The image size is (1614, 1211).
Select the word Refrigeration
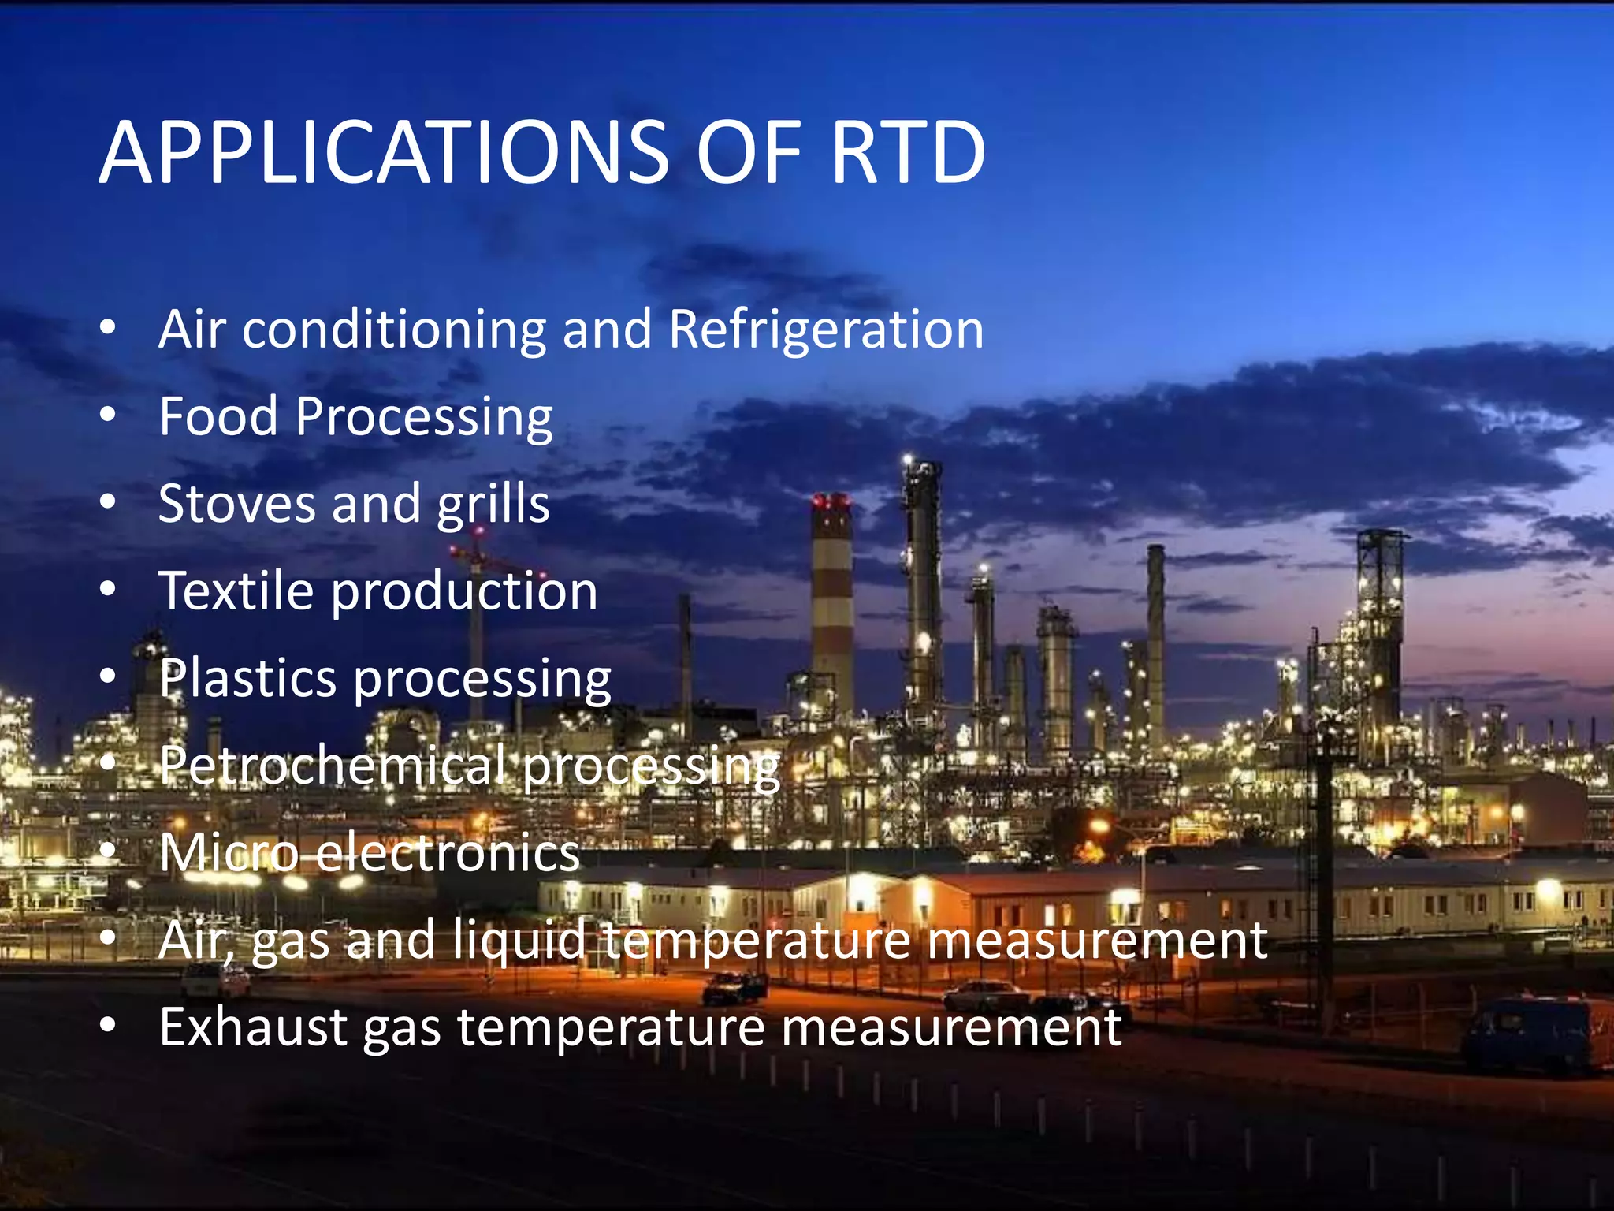826,329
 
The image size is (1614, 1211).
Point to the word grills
493,505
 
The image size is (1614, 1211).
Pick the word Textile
236,591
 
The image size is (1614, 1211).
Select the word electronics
448,853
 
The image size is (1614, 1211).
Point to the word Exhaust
253,1027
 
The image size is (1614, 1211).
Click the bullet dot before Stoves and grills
108,501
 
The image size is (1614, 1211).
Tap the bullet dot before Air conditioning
108,326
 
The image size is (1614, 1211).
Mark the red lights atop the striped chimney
830,500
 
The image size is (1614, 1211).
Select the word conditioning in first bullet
393,329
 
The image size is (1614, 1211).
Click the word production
464,591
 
